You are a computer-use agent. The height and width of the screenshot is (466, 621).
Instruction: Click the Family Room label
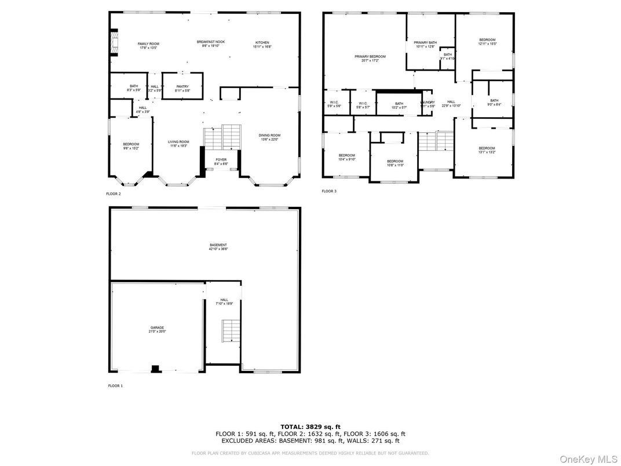148,46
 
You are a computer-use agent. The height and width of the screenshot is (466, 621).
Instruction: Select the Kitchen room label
262,45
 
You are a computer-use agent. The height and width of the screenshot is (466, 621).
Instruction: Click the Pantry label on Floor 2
182,88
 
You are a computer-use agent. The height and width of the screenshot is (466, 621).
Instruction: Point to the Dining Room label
269,137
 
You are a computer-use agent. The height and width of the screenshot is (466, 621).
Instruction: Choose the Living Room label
178,144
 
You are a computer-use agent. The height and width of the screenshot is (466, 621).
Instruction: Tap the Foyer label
221,162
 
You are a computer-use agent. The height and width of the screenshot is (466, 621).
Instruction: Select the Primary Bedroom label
370,58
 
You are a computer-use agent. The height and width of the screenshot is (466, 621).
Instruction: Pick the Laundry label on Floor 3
428,104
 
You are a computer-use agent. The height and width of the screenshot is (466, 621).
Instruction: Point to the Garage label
158,330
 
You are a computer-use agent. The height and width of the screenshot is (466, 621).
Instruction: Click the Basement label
218,247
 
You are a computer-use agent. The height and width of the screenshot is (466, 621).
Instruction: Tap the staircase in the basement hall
231,330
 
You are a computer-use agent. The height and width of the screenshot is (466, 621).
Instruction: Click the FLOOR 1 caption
115,385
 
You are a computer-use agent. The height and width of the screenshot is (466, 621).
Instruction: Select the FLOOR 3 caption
329,191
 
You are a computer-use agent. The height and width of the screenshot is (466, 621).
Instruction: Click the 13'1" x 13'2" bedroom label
487,150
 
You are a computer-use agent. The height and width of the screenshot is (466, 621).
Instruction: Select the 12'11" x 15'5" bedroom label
487,42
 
